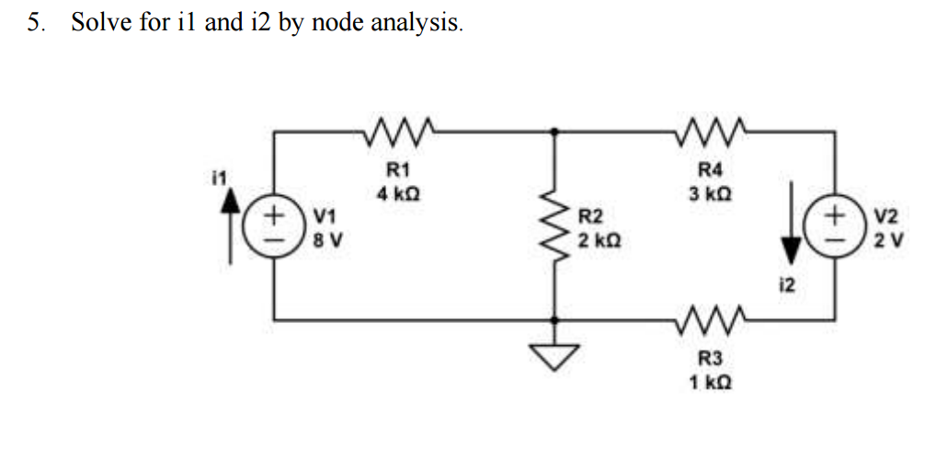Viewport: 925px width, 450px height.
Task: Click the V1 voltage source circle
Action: click(275, 226)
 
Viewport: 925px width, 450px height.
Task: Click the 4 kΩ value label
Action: click(398, 195)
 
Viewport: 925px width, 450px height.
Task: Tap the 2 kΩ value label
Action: click(600, 240)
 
